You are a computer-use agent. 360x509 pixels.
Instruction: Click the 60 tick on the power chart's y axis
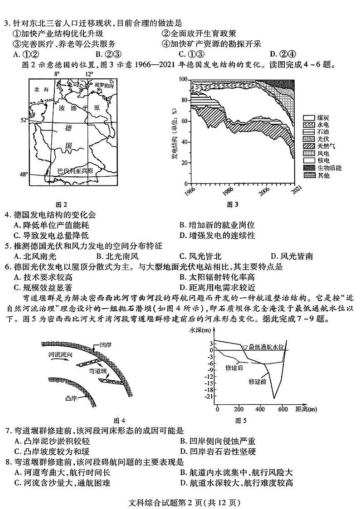[184, 121]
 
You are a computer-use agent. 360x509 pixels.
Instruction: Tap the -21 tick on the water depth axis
[209, 397]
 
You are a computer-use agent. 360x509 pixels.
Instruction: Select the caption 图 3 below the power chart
[232, 204]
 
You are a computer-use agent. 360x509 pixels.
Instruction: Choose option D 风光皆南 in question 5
[291, 256]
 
